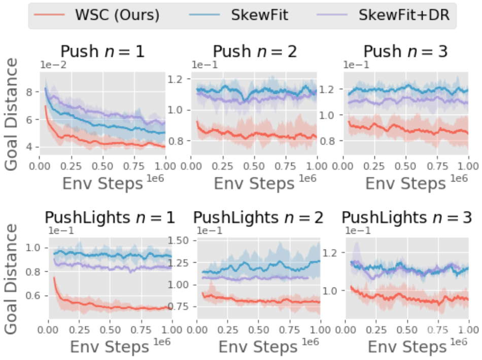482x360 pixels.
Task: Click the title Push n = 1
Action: coord(103,52)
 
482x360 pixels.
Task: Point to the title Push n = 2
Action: coord(255,52)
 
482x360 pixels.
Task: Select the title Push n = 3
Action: coord(406,52)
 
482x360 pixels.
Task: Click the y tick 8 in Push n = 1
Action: coord(32,92)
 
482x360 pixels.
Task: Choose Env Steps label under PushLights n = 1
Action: coord(110,347)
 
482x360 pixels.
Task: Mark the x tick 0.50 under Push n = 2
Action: coord(254,166)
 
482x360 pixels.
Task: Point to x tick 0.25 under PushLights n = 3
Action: coord(378,331)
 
